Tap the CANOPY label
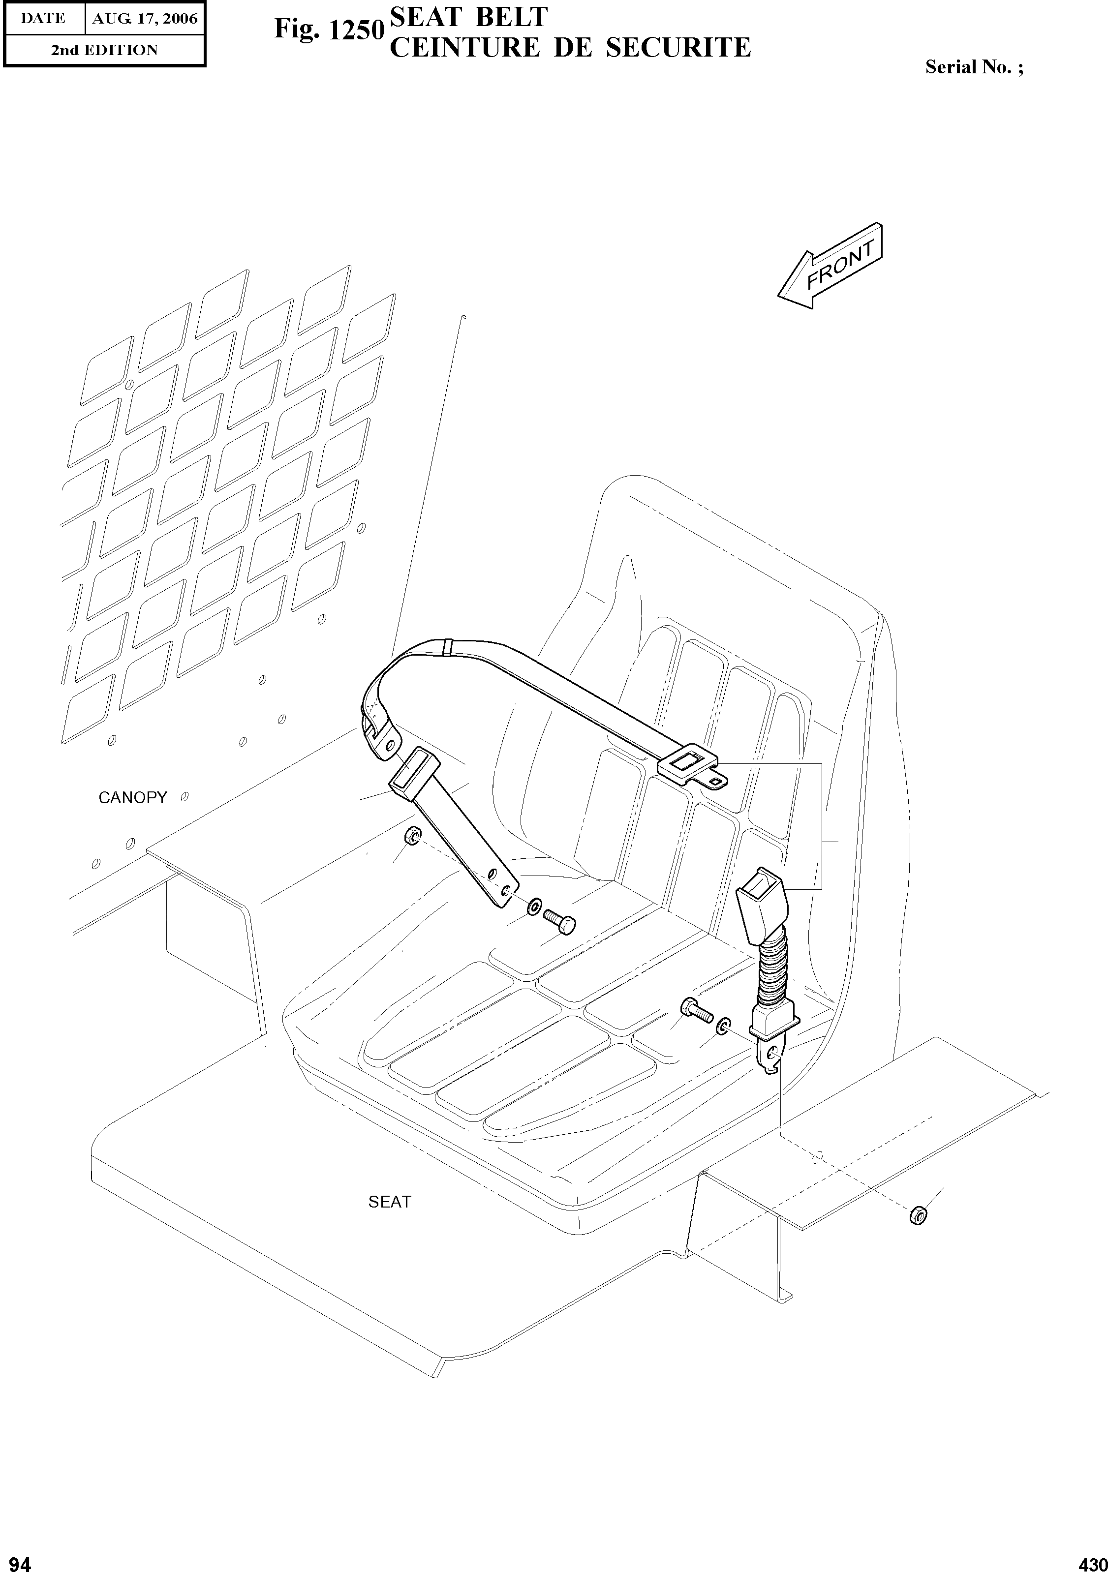point(132,798)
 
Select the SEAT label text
point(390,1202)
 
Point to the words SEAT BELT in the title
point(468,17)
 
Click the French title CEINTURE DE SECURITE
point(570,47)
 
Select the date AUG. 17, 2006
point(145,19)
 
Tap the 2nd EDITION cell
point(104,50)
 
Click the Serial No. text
point(974,66)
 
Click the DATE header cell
point(43,19)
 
